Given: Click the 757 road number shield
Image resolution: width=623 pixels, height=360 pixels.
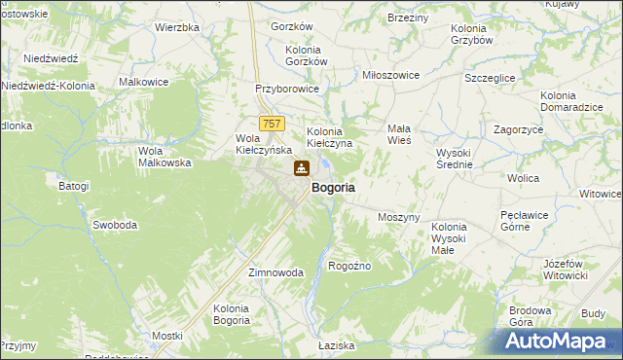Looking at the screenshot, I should [274, 124].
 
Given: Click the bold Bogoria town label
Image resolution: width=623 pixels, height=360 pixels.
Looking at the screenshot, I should [333, 187].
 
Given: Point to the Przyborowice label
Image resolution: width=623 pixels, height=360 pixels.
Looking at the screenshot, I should [287, 88].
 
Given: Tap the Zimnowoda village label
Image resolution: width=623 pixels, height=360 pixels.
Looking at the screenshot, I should [276, 273].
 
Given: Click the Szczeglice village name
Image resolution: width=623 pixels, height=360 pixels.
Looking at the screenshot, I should [492, 77].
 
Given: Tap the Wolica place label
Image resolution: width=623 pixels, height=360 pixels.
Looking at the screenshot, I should [523, 179].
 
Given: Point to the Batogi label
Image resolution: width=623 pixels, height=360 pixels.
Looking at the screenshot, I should [73, 186].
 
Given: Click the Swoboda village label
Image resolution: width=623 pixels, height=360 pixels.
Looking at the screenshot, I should [115, 225].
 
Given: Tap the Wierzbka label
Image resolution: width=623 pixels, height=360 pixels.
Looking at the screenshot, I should [177, 27].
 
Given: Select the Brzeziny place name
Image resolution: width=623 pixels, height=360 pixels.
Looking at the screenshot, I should [408, 18].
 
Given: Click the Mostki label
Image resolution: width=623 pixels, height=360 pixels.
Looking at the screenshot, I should [167, 336].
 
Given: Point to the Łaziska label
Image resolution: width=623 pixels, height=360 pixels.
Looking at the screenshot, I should [338, 345].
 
